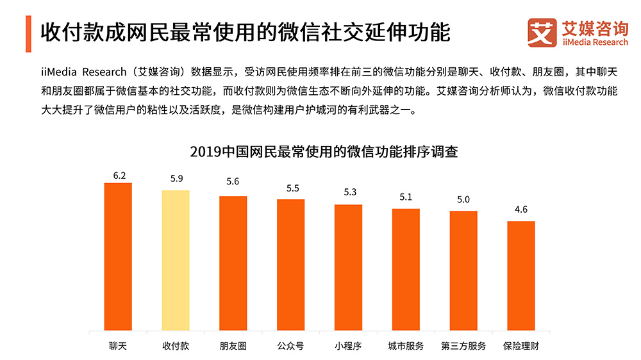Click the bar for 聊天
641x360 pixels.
point(118,256)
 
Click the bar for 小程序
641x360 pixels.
point(348,267)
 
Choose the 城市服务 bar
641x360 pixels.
point(406,269)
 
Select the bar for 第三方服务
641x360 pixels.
point(463,270)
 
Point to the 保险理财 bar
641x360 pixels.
point(521,275)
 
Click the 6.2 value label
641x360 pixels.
point(119,175)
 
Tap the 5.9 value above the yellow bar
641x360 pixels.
point(176,179)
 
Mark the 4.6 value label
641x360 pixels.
point(521,209)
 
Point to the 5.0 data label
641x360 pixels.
point(463,199)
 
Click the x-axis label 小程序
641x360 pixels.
point(348,346)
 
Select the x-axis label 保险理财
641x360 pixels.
point(521,346)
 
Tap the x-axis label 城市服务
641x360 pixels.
point(406,346)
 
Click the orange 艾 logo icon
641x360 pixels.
point(542,33)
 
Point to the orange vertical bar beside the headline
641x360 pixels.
point(29,34)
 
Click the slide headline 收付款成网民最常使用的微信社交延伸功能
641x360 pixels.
point(245,33)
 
